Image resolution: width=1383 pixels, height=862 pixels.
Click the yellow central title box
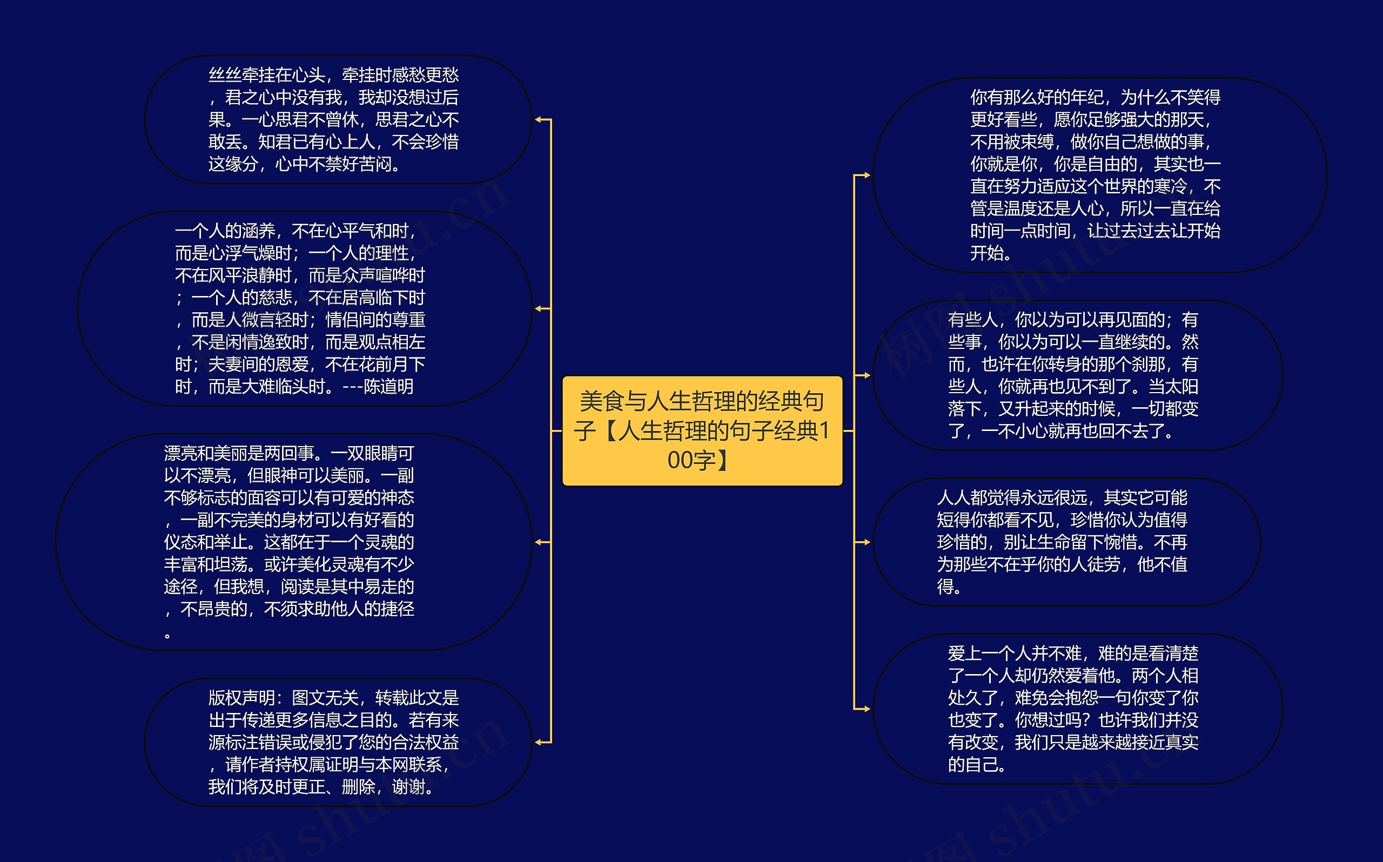(x=702, y=430)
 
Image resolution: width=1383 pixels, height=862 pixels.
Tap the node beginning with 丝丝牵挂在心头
(x=338, y=120)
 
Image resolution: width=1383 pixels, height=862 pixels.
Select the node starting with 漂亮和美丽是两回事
(x=293, y=542)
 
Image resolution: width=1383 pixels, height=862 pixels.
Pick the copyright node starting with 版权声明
(x=338, y=742)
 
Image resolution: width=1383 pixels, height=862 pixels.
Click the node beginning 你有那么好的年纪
(x=1099, y=175)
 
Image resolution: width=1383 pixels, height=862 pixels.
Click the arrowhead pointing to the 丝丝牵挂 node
(x=539, y=120)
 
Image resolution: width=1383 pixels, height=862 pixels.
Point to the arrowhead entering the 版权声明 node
(x=539, y=742)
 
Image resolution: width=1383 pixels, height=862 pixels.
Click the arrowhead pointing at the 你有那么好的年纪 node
(x=865, y=175)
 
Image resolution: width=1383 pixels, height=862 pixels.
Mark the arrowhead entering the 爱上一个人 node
(x=865, y=709)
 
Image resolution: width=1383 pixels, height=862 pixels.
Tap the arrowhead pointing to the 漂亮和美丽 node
(x=539, y=542)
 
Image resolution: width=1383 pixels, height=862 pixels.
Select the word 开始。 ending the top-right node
(x=991, y=253)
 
